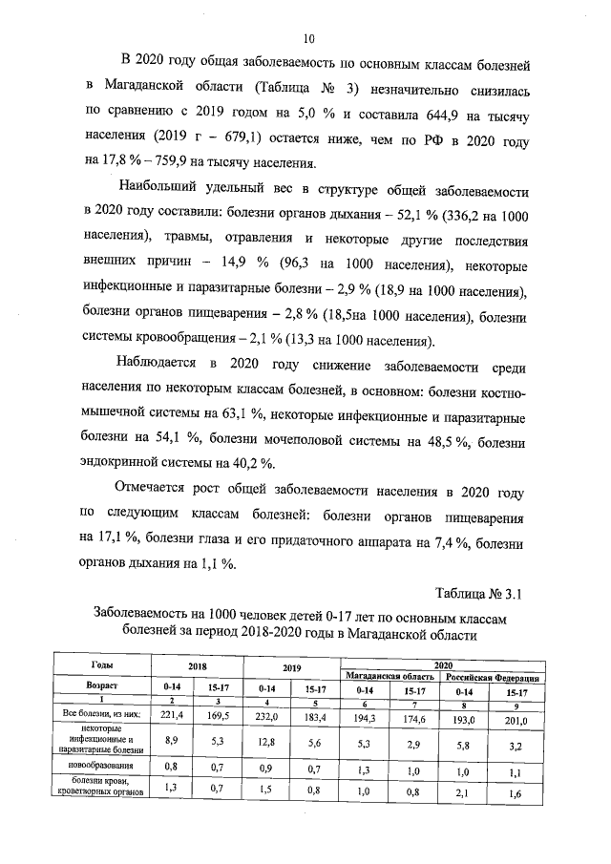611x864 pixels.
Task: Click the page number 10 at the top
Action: point(308,39)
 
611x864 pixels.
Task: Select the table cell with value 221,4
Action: point(172,713)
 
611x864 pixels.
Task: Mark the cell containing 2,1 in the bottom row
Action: point(464,790)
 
